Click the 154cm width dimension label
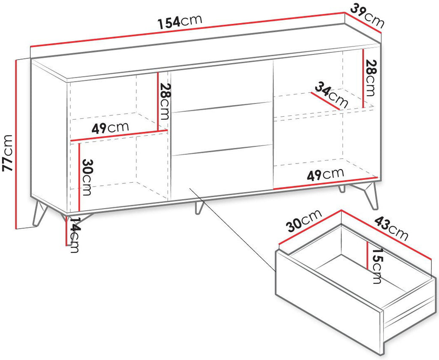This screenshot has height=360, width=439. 180,22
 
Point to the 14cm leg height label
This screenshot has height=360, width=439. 75,235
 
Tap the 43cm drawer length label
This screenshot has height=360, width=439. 391,228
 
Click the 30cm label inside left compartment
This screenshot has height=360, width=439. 87,177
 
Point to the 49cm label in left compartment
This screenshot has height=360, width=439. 110,128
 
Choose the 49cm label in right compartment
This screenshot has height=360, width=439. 325,175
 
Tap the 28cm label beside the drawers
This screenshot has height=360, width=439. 164,102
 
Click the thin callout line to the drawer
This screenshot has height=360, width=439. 233,230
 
